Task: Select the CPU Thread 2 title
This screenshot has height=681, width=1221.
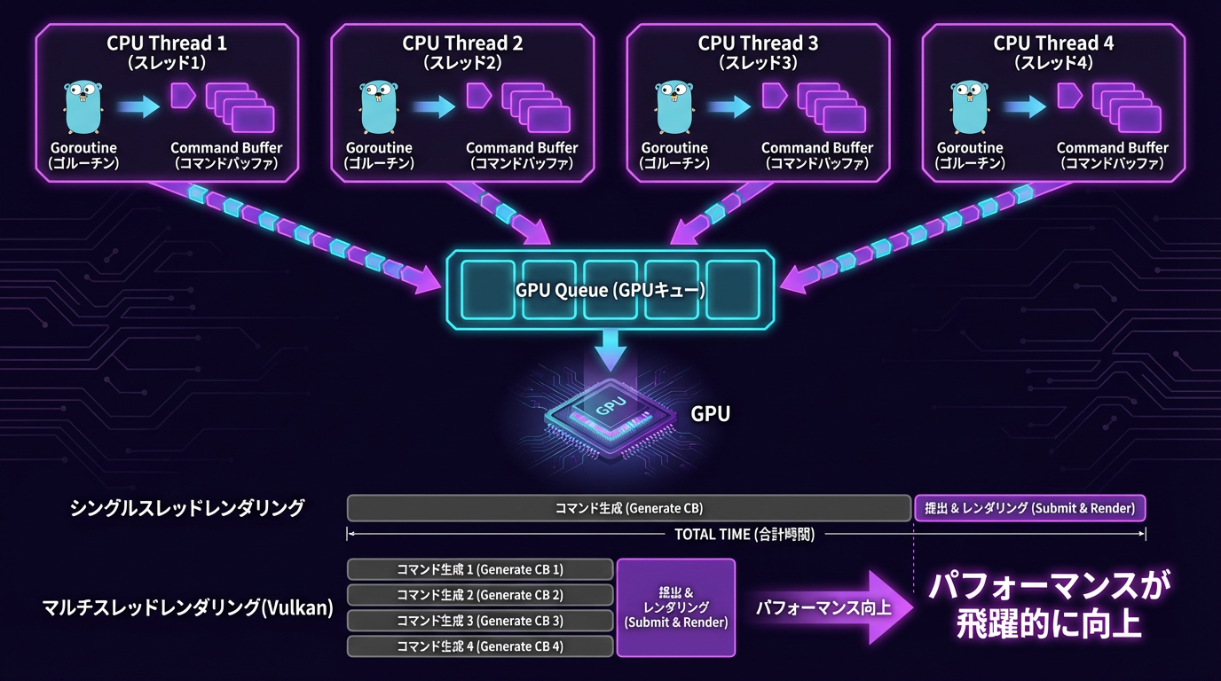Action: tap(462, 43)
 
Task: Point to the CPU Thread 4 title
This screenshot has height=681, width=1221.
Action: tap(1053, 43)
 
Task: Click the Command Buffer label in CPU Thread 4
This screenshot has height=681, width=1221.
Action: tap(1112, 148)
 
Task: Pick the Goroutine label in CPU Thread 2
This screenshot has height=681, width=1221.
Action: tap(379, 148)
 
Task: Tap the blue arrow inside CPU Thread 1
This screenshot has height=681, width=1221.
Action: tap(138, 107)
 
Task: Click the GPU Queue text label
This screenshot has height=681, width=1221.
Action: tap(610, 289)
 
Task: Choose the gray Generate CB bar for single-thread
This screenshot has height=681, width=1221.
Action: tap(628, 508)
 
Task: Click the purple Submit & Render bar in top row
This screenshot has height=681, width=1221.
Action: tap(1029, 508)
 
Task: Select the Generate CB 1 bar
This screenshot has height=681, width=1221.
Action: tap(480, 569)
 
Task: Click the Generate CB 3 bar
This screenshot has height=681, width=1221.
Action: tap(480, 621)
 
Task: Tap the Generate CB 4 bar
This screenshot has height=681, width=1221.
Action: tap(480, 646)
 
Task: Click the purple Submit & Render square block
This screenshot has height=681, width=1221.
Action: tap(676, 607)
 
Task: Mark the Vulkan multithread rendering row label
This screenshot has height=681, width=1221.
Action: tap(188, 608)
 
